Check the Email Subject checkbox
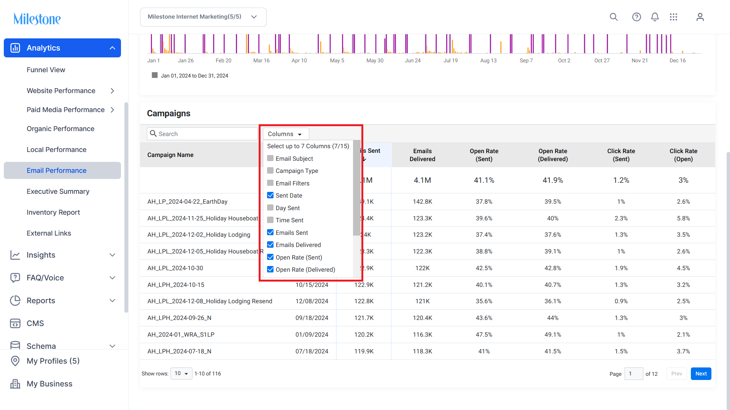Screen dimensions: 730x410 coord(270,158)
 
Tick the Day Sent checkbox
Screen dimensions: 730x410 coord(270,208)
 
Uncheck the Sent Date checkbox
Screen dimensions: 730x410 coord(270,195)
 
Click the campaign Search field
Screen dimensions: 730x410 coord(202,134)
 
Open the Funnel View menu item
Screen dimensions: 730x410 coord(46,70)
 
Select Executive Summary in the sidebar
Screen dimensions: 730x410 coord(58,192)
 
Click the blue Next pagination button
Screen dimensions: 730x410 coord(701,374)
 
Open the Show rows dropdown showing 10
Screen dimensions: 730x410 coord(181,374)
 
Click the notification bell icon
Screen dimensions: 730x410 coord(655,17)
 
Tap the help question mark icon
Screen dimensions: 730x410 coord(636,17)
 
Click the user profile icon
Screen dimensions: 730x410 coord(700,17)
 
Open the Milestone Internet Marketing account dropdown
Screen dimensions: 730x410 coord(203,17)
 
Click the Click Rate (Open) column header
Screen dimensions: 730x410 coord(683,155)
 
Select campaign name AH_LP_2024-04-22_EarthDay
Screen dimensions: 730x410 coord(188,202)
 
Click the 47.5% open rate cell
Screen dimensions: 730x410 coord(484,335)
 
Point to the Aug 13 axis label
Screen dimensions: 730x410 coord(488,60)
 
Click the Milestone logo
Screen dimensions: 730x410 coord(37,19)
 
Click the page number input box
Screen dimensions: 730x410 coord(634,374)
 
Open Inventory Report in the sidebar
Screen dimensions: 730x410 coord(53,212)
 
